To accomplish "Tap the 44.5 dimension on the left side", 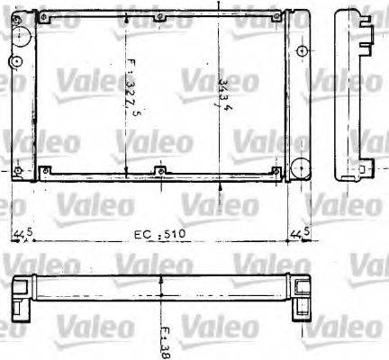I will (x=23, y=235).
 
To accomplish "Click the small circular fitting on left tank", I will (x=16, y=61).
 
